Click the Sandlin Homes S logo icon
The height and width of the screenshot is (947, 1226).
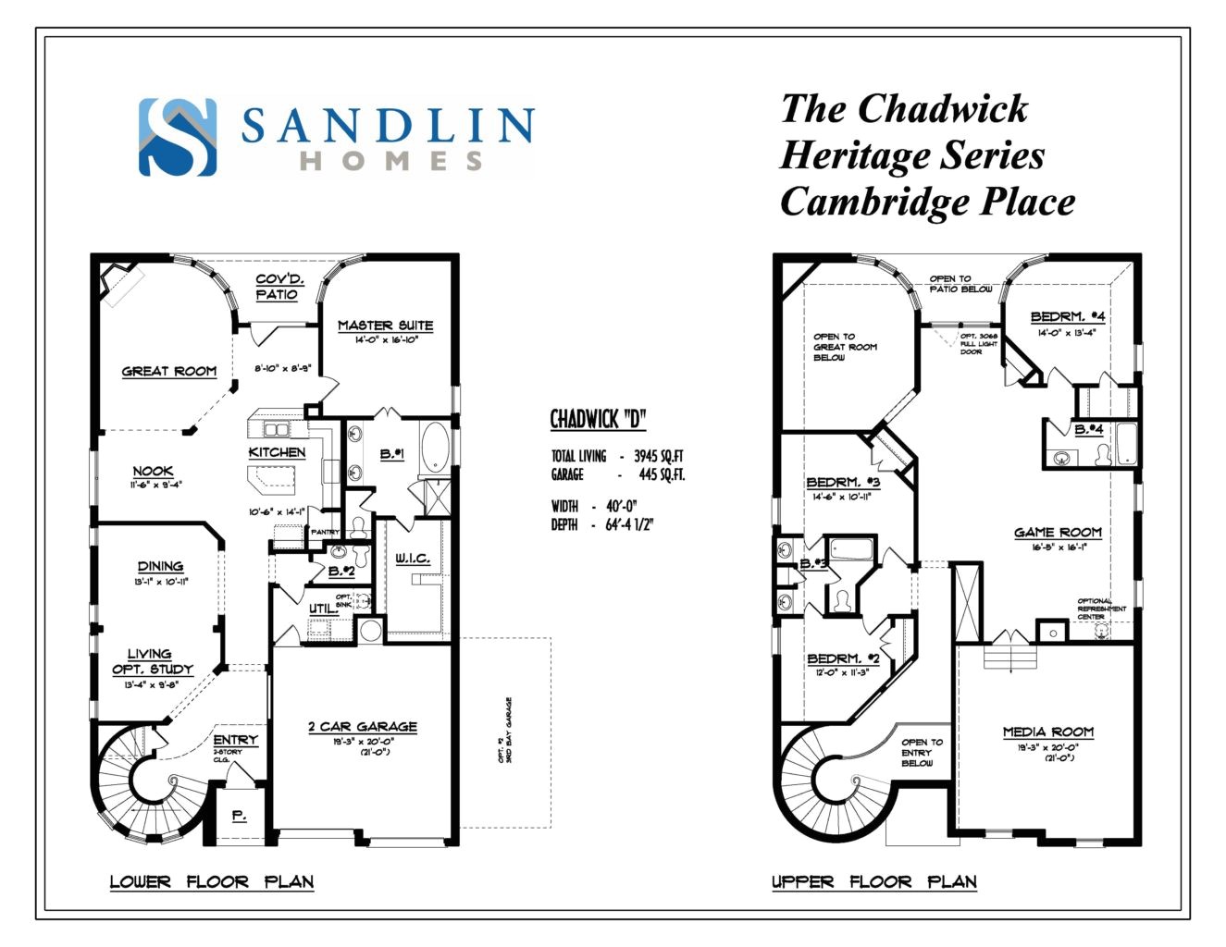pyautogui.click(x=178, y=137)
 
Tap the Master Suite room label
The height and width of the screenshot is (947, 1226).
pyautogui.click(x=385, y=326)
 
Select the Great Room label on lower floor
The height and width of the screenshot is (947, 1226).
pyautogui.click(x=169, y=371)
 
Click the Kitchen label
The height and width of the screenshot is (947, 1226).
pyautogui.click(x=277, y=452)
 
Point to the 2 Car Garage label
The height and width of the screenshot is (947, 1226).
pyautogui.click(x=363, y=727)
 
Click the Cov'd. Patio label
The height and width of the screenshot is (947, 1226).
pyautogui.click(x=279, y=287)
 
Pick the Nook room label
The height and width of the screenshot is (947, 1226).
pyautogui.click(x=153, y=471)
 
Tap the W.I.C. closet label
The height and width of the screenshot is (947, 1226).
pyautogui.click(x=413, y=558)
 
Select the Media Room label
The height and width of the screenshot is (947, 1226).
pyautogui.click(x=1048, y=732)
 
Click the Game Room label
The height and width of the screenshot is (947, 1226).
pyautogui.click(x=1058, y=532)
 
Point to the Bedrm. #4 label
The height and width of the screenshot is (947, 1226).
pyautogui.click(x=1067, y=316)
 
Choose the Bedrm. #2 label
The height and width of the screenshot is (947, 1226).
pyautogui.click(x=843, y=658)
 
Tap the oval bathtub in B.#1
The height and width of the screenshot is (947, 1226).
pyautogui.click(x=435, y=448)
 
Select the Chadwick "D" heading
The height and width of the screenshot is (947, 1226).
pyautogui.click(x=598, y=419)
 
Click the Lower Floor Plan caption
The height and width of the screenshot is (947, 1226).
pyautogui.click(x=212, y=881)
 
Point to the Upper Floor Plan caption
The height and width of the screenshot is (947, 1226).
pyautogui.click(x=874, y=881)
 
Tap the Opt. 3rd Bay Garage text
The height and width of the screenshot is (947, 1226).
pyautogui.click(x=505, y=731)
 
